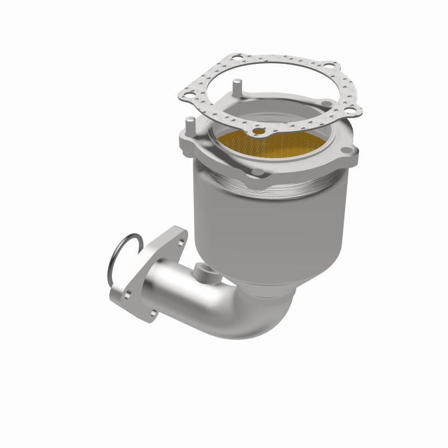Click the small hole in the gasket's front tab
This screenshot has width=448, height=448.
click(x=260, y=132)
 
